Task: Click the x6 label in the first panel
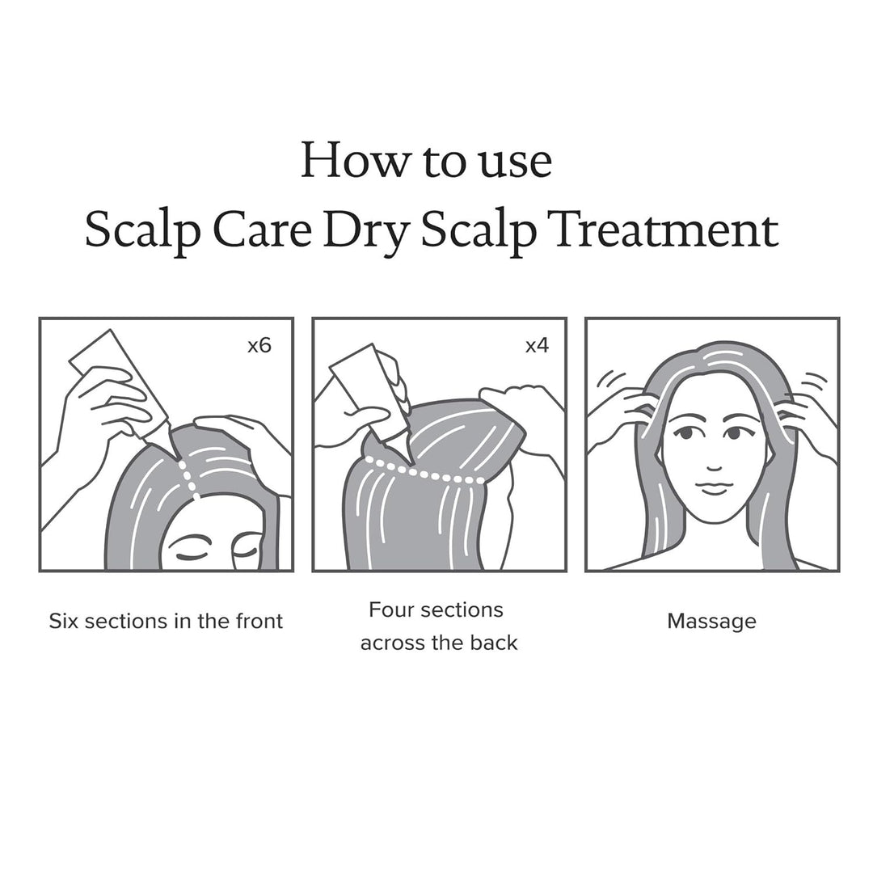point(259,347)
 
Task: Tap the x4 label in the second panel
point(537,346)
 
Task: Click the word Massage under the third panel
point(711,621)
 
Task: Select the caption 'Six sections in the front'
point(166,621)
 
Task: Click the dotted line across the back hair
point(424,472)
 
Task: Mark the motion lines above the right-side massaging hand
point(815,380)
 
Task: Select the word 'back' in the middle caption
point(495,643)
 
